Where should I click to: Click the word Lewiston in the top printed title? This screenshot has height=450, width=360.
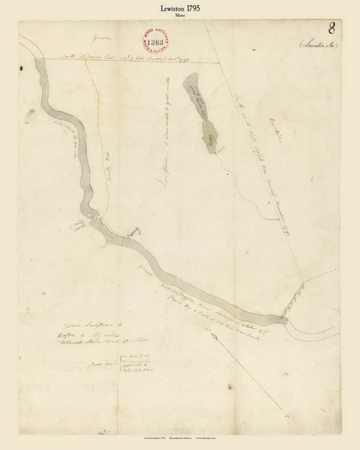click(x=165, y=7)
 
